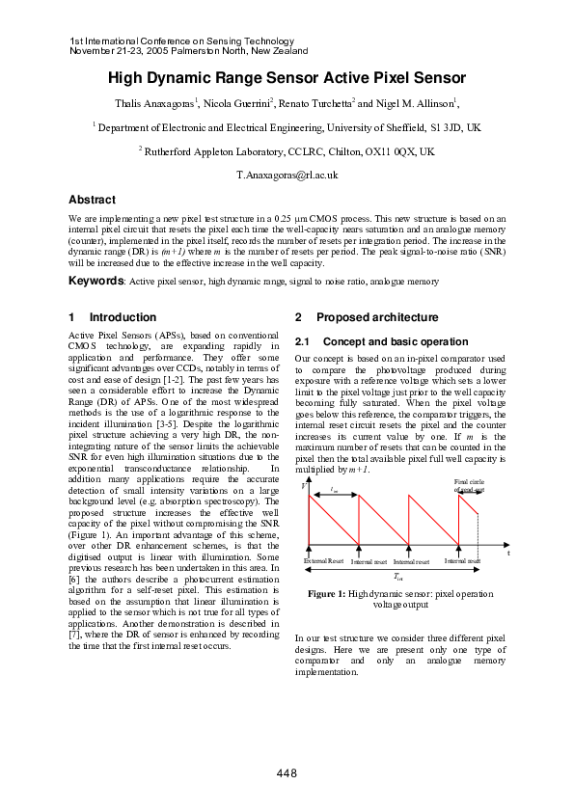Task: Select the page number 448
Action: coord(287,773)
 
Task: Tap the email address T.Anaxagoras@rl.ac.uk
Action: coord(287,176)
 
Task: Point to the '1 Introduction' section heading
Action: coord(113,317)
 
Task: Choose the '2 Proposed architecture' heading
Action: coord(366,317)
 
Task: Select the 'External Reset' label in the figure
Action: coord(323,560)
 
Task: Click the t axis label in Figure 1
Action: coord(508,553)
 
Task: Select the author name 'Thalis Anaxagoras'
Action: coord(155,103)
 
